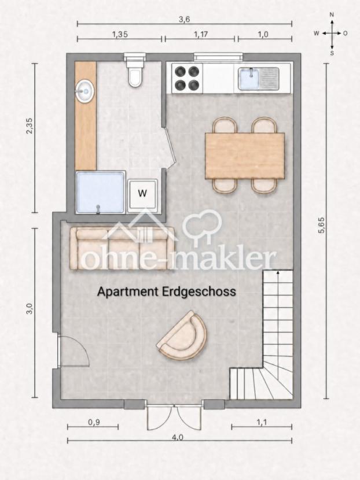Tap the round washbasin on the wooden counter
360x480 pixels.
(x=85, y=91)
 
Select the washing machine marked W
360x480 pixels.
(x=142, y=195)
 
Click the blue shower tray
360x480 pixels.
(x=101, y=192)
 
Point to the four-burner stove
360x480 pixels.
(x=187, y=78)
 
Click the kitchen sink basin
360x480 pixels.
(x=249, y=79)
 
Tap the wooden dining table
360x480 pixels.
(x=245, y=156)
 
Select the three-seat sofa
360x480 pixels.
(x=122, y=249)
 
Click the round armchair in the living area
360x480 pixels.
(x=182, y=335)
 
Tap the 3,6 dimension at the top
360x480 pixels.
(x=184, y=19)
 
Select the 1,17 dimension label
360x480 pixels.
(x=201, y=34)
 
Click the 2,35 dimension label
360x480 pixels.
(x=30, y=126)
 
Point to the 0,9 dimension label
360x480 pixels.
(x=94, y=422)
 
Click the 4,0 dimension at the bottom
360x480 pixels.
(x=178, y=437)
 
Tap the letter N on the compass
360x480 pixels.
(x=332, y=14)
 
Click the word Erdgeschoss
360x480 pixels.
(x=199, y=291)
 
